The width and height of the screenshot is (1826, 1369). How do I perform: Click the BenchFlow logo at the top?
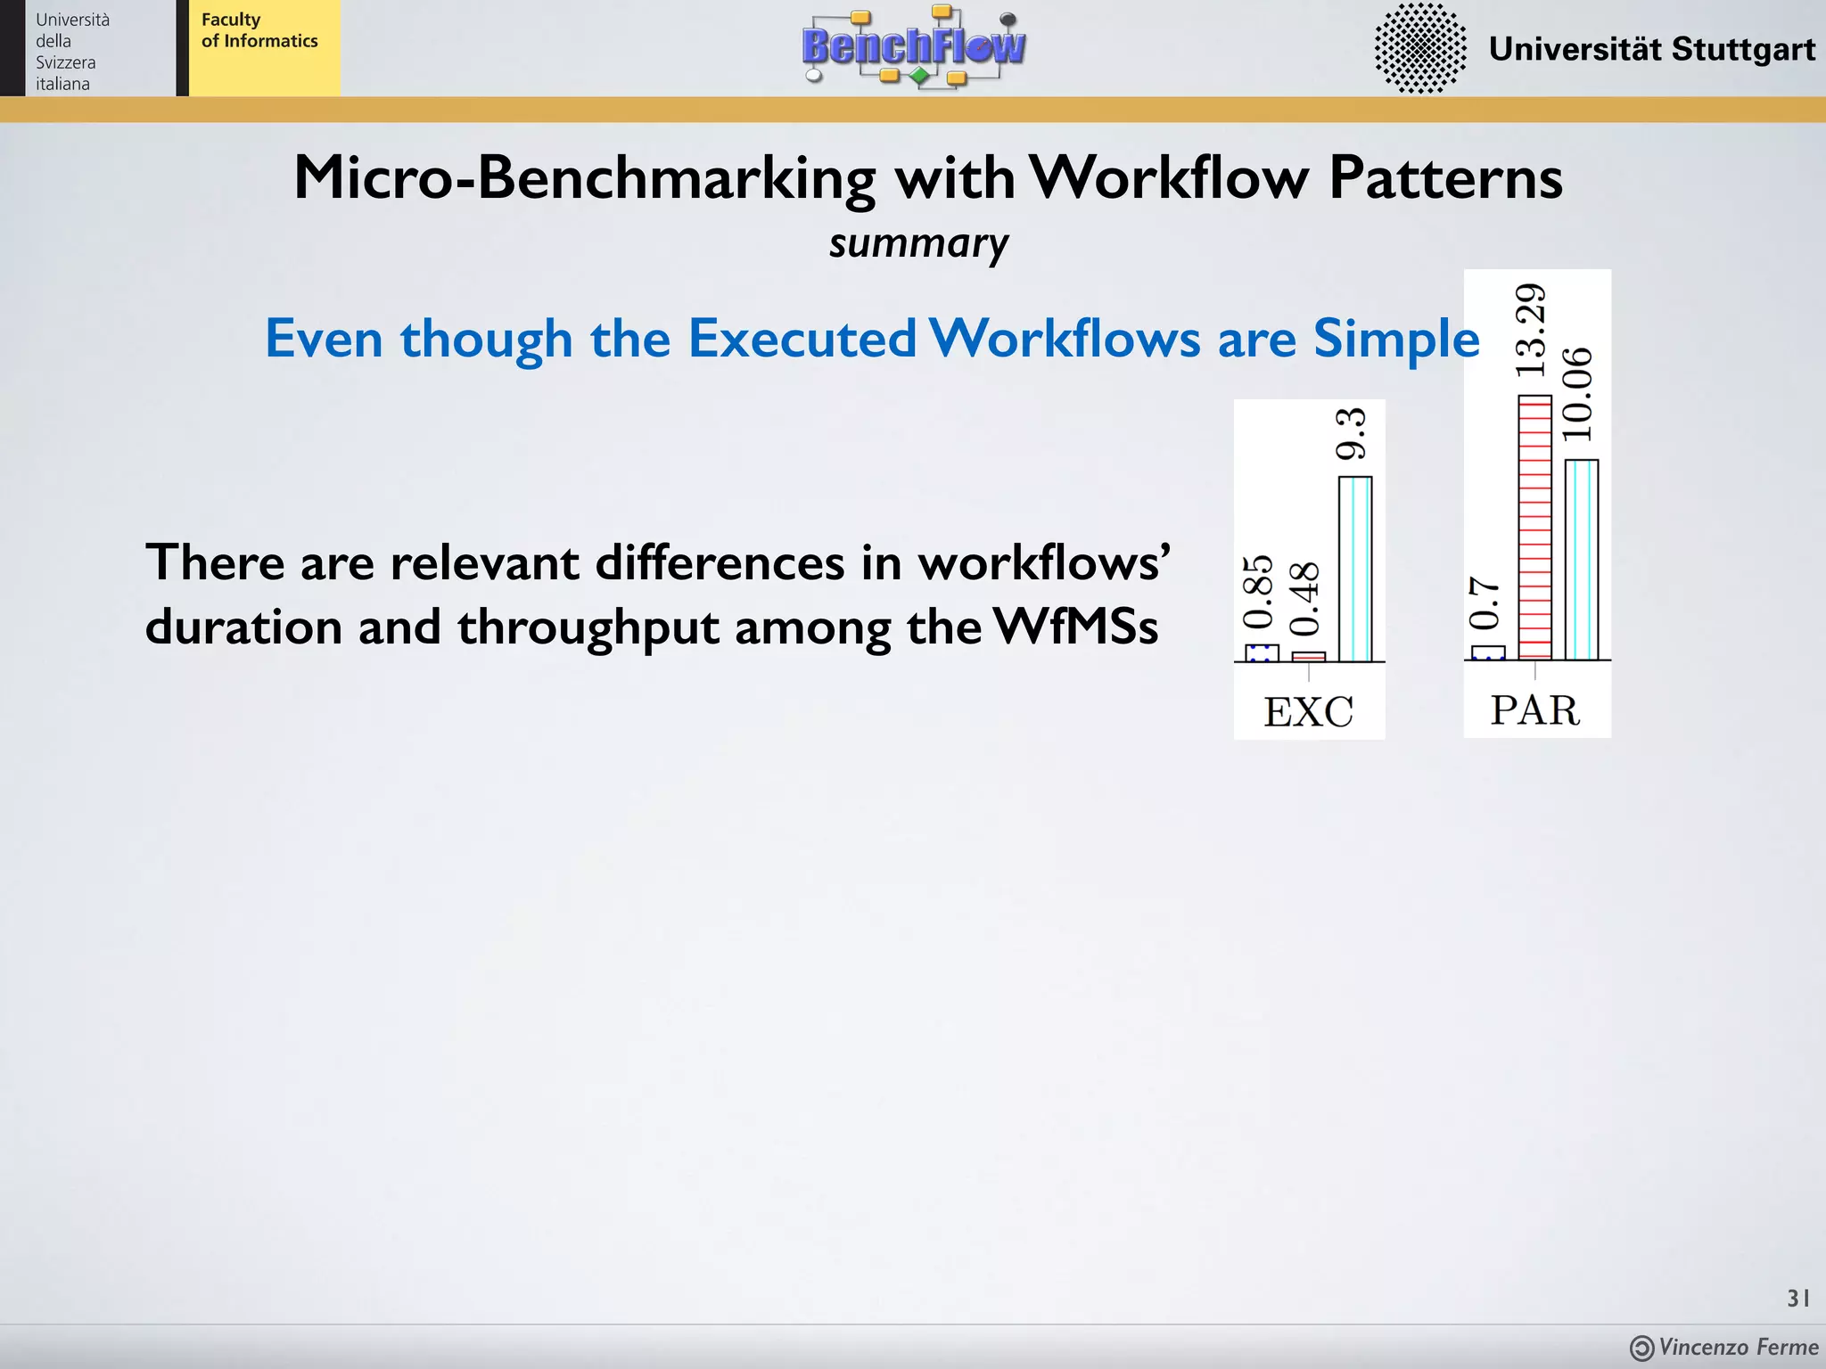click(913, 46)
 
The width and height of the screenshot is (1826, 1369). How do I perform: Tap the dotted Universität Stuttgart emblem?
click(1419, 48)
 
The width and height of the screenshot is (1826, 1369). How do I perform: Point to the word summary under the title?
click(918, 243)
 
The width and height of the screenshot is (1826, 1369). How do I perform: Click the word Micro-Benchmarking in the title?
click(585, 177)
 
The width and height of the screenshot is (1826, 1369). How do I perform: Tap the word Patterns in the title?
click(1445, 177)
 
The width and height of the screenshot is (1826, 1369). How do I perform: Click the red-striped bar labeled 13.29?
click(1534, 528)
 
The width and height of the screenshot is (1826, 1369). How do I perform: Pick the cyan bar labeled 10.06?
click(1582, 560)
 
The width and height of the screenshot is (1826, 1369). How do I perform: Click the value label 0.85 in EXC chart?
click(1258, 592)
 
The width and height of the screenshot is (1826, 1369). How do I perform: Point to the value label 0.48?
click(1304, 598)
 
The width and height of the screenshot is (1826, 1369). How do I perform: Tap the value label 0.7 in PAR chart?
click(1485, 603)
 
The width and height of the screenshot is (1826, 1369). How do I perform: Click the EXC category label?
click(1308, 712)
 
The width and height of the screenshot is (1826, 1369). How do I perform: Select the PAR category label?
click(1534, 710)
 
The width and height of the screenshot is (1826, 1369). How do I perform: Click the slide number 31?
click(1797, 1299)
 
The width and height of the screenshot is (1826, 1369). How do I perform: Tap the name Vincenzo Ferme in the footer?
click(1738, 1347)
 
